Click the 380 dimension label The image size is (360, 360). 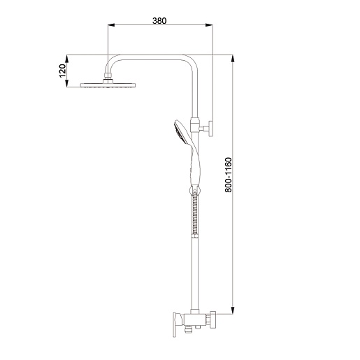(x=159, y=21)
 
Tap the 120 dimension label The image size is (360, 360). (x=62, y=71)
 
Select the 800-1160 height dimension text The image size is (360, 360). (x=229, y=175)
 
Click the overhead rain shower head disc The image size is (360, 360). (x=108, y=85)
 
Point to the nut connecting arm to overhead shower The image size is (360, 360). (x=108, y=75)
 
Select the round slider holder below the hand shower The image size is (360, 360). (x=194, y=190)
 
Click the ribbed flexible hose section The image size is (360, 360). (x=195, y=215)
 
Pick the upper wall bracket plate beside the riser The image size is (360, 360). (x=210, y=129)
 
